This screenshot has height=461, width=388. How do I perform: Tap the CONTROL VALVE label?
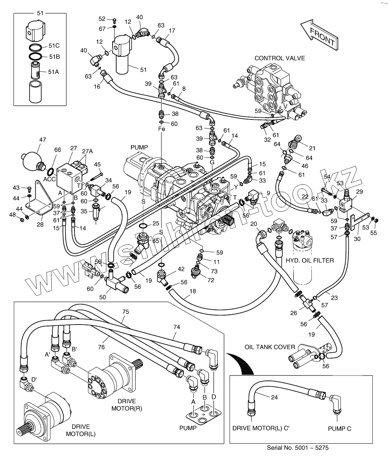(x=279, y=58)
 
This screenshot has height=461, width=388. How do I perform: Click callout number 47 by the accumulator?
(x=43, y=139)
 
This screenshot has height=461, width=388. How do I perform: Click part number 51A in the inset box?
(x=53, y=72)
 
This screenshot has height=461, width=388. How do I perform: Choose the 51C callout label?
(x=54, y=46)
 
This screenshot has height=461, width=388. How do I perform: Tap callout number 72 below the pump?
(x=210, y=280)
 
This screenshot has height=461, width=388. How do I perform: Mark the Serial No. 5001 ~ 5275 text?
(x=297, y=448)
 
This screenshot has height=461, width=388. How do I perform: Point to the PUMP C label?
(x=339, y=429)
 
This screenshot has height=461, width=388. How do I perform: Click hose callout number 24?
(x=274, y=397)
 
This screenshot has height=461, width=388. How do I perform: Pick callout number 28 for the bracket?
(x=40, y=225)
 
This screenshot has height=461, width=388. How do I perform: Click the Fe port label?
(x=161, y=129)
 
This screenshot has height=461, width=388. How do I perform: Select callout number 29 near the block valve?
(x=359, y=192)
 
